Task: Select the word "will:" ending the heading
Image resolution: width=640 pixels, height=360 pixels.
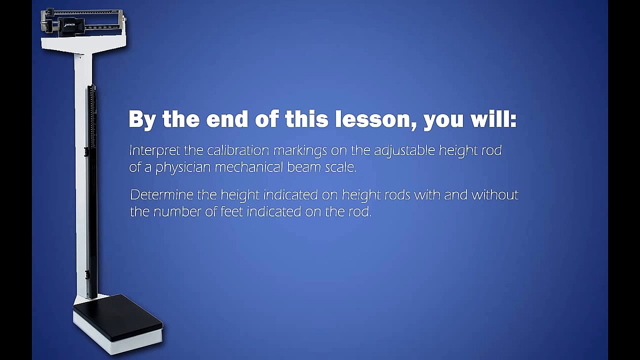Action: coord(494,120)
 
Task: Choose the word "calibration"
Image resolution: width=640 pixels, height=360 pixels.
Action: coord(238,150)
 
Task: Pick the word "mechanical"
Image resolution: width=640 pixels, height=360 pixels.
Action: coord(249,167)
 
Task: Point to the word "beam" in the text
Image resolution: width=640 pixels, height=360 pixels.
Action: coord(304,167)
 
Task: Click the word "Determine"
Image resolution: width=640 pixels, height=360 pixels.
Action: coord(161,194)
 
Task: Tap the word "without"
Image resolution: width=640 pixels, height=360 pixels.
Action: coord(495,194)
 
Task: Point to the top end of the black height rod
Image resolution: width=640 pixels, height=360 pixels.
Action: coord(91,88)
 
